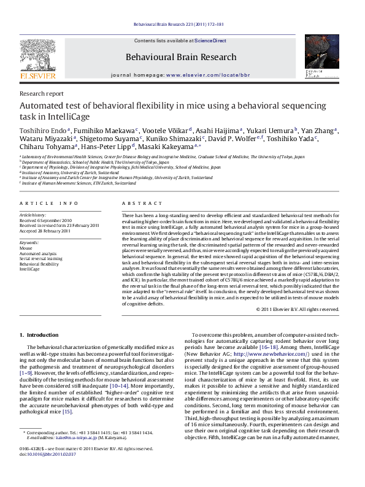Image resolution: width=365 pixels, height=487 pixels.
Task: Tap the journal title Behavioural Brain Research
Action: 181,57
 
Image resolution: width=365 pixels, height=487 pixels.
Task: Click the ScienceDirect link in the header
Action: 210,40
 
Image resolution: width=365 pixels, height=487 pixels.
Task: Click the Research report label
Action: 42,94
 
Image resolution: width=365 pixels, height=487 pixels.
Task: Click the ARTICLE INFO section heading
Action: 48,202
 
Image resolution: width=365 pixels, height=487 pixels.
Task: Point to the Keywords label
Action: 30,243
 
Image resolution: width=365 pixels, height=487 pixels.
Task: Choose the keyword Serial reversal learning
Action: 41,258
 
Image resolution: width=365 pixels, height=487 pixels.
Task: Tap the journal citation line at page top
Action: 182,25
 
